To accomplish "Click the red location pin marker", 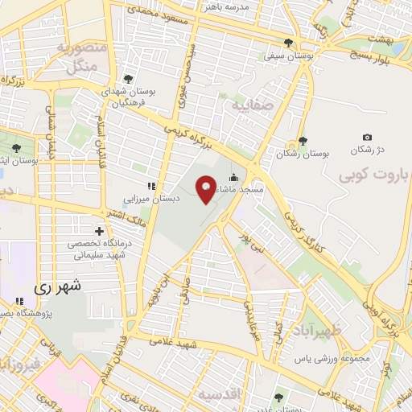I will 206,190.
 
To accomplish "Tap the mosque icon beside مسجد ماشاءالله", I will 233,179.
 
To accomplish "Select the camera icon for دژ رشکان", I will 367,138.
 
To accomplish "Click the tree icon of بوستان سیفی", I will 289,46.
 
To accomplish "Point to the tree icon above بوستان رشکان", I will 302,140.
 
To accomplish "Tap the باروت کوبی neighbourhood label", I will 373,175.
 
